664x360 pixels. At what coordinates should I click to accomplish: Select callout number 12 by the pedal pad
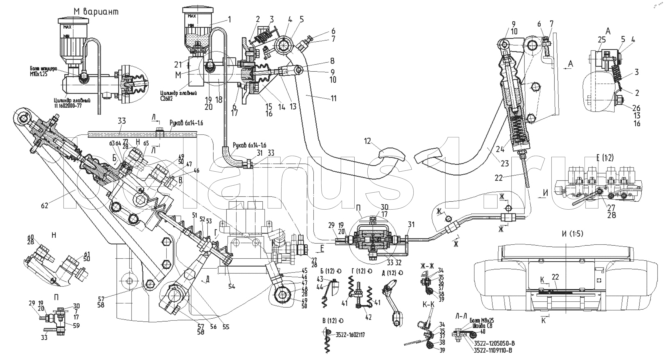(367, 141)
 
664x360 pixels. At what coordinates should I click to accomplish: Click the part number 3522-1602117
(350, 335)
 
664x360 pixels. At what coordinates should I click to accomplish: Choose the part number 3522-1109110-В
(493, 350)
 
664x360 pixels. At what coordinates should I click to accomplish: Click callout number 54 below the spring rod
(232, 286)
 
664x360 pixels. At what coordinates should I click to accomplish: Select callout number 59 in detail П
(76, 326)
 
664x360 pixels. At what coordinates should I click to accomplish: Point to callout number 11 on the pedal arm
(334, 98)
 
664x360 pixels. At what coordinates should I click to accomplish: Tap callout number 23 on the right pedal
(505, 163)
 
